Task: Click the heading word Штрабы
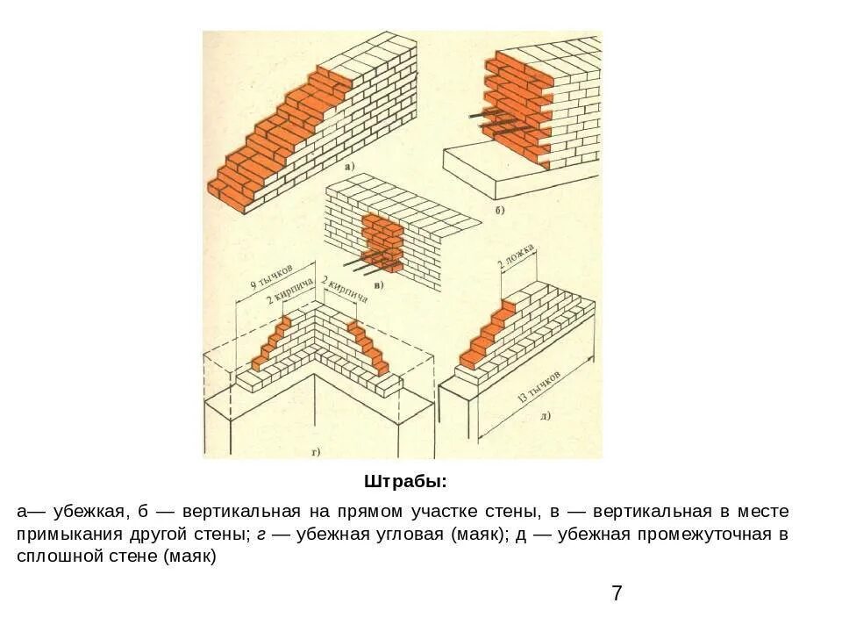[404, 482]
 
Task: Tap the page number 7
[617, 593]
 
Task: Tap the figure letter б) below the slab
[499, 212]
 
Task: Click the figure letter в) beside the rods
[378, 284]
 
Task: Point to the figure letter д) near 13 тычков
[545, 414]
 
